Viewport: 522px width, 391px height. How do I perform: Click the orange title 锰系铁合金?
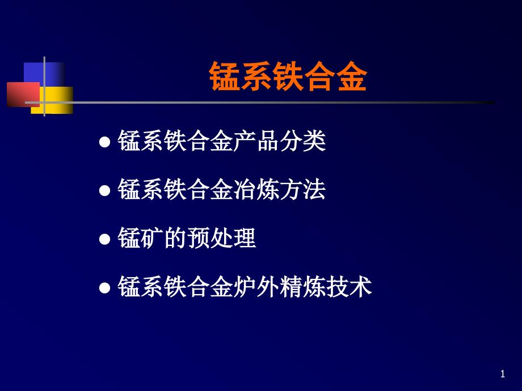(288, 78)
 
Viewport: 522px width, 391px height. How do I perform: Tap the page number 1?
(503, 373)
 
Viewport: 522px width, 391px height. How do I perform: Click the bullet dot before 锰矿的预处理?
(104, 239)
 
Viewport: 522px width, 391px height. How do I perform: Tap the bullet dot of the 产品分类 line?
(104, 142)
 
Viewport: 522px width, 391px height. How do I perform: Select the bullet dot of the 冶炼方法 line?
(104, 190)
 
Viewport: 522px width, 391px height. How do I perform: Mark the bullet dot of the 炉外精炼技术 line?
(104, 288)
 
